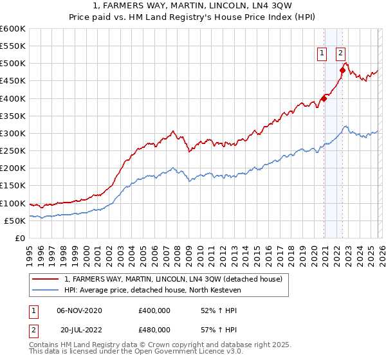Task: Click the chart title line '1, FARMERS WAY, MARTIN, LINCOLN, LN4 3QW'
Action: point(192,6)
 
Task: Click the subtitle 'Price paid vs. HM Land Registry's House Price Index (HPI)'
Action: point(192,17)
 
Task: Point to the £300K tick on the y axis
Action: point(13,133)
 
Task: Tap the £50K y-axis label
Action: point(15,221)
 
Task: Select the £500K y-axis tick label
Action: point(13,64)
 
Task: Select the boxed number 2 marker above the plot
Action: point(340,54)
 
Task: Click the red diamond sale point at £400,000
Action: point(324,98)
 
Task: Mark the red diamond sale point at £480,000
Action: point(342,71)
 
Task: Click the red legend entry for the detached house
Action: point(172,279)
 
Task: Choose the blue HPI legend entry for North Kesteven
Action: point(152,290)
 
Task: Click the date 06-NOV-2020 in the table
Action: point(79,310)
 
